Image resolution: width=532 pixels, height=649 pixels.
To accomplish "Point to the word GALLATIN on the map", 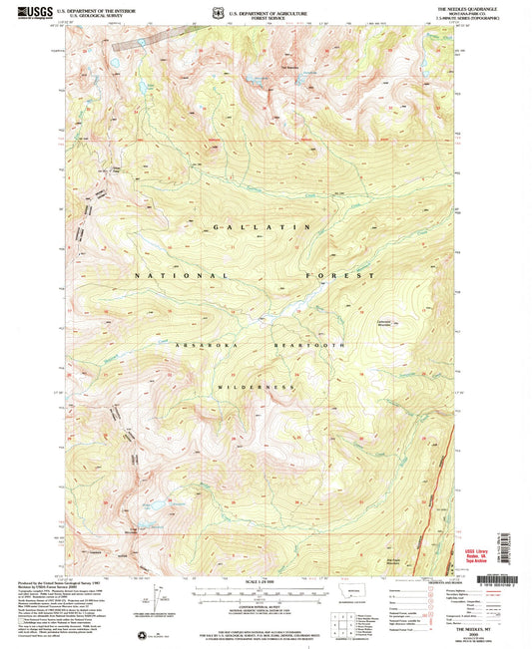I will click(x=260, y=228).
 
